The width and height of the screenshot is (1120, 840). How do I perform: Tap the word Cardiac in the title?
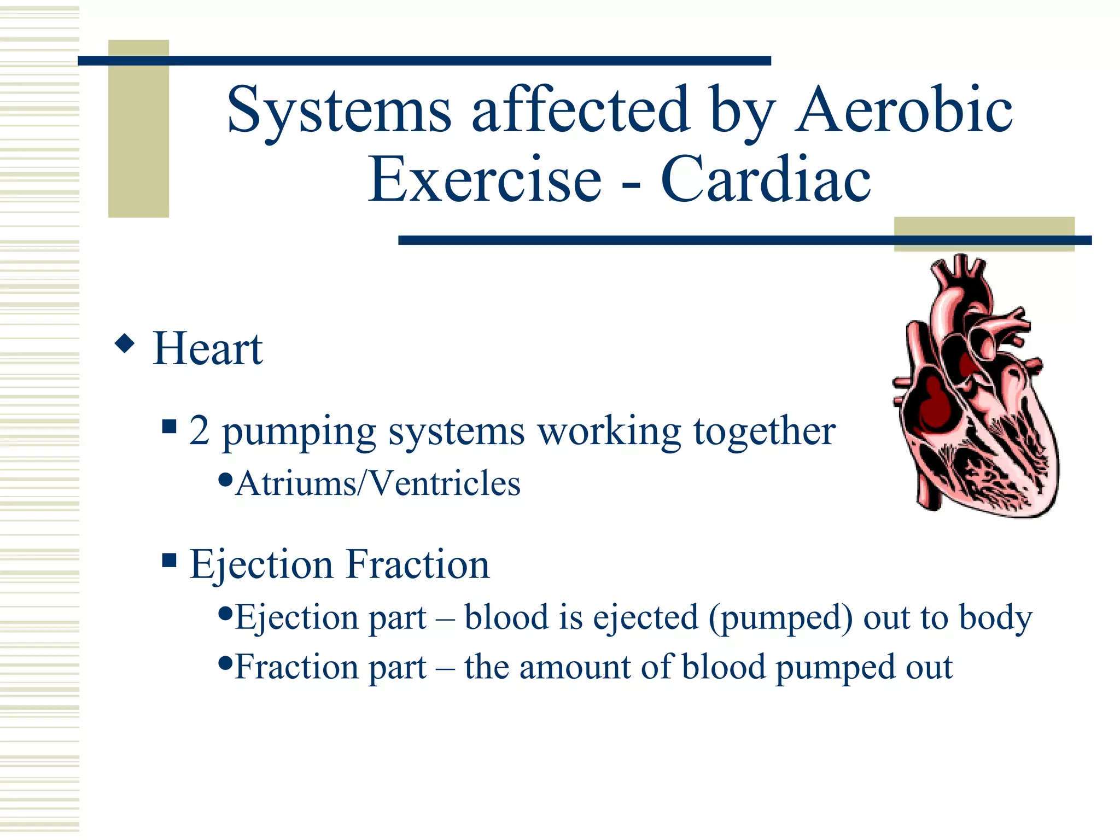[766, 179]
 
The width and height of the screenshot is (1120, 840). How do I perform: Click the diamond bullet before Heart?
[125, 343]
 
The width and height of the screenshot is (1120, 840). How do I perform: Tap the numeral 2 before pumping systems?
[199, 431]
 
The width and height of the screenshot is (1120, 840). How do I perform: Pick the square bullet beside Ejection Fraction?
[170, 560]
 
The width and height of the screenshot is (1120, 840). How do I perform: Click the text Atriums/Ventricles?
[377, 483]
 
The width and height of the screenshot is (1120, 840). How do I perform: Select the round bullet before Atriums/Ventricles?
[225, 480]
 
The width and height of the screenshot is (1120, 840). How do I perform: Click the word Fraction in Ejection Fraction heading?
[418, 564]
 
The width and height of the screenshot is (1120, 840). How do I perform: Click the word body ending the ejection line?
[995, 618]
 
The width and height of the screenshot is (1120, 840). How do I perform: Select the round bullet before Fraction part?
[225, 663]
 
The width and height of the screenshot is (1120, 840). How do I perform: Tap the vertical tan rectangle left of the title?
[138, 129]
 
